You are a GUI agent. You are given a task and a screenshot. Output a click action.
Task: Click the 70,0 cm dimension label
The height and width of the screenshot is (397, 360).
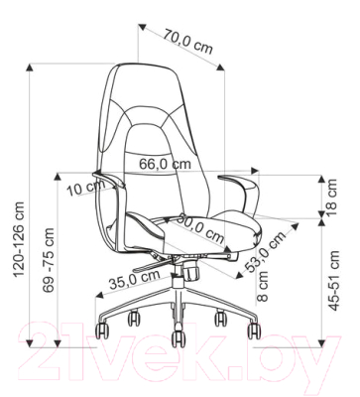pos(188,43)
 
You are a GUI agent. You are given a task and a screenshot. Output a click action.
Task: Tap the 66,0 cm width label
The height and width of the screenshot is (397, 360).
pos(165,164)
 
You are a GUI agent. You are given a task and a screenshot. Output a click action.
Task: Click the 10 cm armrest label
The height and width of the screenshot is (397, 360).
pos(86,189)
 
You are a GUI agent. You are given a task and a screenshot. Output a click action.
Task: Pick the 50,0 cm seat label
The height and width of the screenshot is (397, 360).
pos(200,229)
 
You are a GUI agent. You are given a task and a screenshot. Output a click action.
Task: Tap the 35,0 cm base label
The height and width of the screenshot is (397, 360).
pos(135,279)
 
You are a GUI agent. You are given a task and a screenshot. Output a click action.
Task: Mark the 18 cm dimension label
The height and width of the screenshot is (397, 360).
pos(331,198)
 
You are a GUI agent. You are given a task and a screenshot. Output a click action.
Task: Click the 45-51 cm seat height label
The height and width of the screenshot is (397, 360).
pos(334,281)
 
